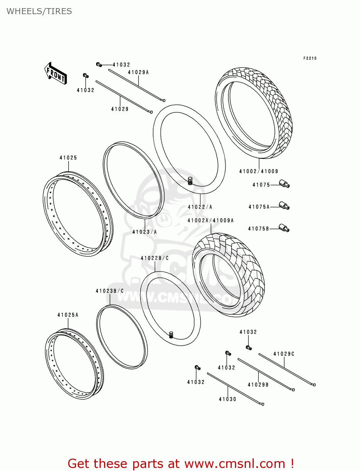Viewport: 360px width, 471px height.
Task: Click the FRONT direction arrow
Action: (55, 73)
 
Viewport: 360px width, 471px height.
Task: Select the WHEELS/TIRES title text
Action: (39, 11)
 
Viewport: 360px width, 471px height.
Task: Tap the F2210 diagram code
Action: (310, 58)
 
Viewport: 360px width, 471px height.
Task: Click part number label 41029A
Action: (138, 72)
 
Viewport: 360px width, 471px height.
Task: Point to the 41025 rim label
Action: (68, 158)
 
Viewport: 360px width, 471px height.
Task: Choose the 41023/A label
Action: (145, 232)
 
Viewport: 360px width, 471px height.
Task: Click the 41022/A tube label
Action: (200, 207)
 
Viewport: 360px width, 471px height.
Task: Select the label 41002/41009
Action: (259, 171)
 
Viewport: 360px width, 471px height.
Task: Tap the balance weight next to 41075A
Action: (284, 206)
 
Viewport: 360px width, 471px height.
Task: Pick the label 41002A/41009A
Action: (210, 220)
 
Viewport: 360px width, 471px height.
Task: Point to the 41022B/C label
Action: (155, 258)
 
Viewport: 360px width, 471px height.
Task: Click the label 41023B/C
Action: (110, 291)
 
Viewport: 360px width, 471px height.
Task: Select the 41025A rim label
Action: (68, 315)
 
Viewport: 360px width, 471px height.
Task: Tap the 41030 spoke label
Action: (227, 399)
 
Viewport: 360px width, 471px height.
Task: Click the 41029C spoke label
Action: (284, 354)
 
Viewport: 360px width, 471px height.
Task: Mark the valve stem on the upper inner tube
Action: (190, 181)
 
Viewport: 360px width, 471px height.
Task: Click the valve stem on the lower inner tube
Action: (171, 334)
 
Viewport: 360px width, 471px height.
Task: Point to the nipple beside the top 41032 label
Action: (99, 65)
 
